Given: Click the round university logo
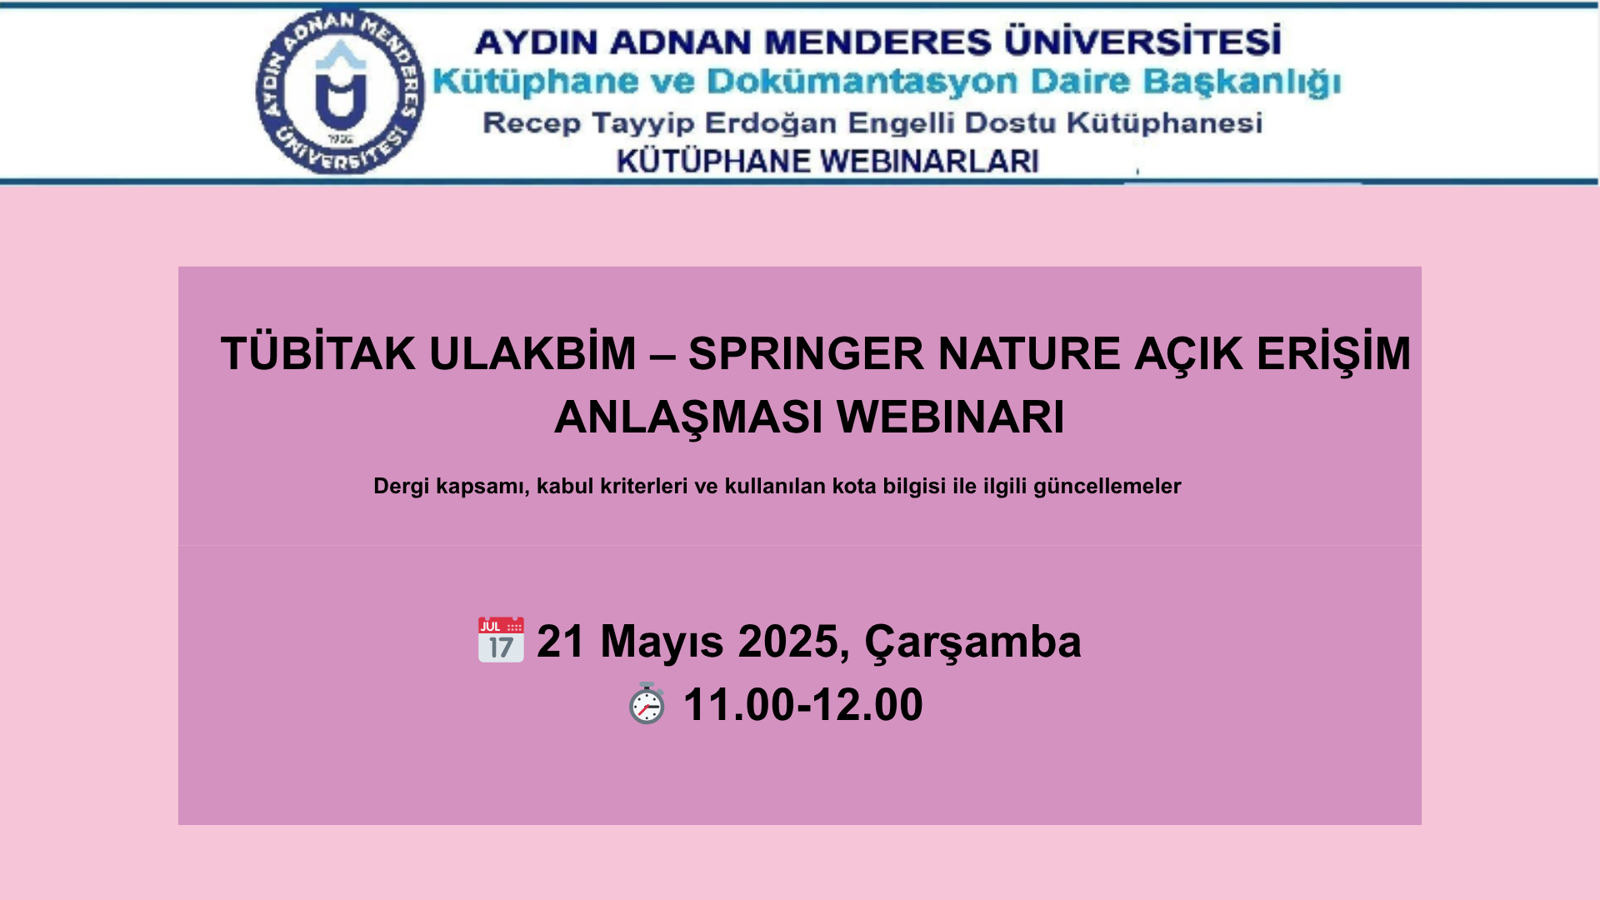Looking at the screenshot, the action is tap(340, 92).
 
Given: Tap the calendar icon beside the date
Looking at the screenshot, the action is tap(501, 640).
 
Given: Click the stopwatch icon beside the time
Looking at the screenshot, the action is tap(647, 703).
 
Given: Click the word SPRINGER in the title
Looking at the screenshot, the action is tap(806, 353).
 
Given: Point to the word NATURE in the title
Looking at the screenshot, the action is tap(1029, 353).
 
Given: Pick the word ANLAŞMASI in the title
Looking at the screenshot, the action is tap(688, 418).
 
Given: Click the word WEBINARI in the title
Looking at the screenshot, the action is tap(951, 417).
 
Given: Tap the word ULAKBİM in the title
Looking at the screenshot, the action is tap(532, 353).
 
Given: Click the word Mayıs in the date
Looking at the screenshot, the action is tap(662, 642).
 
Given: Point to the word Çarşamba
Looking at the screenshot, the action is tap(972, 642).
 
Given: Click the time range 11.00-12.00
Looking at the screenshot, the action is tap(803, 705).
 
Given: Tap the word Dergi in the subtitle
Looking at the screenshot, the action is tap(402, 486).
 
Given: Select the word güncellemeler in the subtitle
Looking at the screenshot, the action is tap(1107, 486).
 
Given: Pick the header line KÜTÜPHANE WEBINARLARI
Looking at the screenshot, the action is tap(827, 161).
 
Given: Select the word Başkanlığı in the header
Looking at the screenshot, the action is tap(1242, 82).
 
